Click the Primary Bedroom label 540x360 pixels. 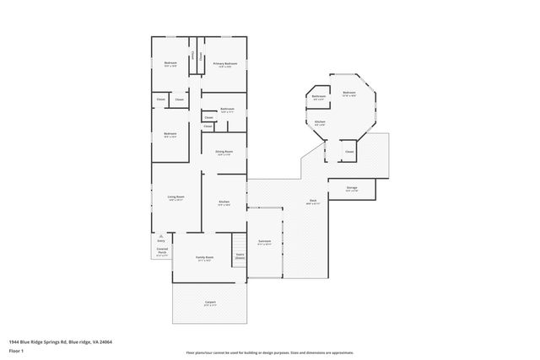[224, 64]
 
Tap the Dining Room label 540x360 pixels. [224, 153]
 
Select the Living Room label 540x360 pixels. [175, 197]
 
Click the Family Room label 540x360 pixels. [204, 258]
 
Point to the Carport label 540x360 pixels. [210, 303]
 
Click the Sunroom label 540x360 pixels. [265, 241]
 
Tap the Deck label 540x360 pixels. [312, 201]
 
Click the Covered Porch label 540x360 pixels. [162, 252]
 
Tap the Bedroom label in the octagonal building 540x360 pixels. [348, 94]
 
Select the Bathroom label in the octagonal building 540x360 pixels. [318, 98]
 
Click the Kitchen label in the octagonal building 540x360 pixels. [320, 123]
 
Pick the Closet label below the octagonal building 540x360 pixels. [348, 152]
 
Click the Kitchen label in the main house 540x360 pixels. [224, 203]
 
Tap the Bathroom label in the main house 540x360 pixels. [227, 110]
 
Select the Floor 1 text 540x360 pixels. [16, 351]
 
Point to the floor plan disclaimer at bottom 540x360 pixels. [270, 352]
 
